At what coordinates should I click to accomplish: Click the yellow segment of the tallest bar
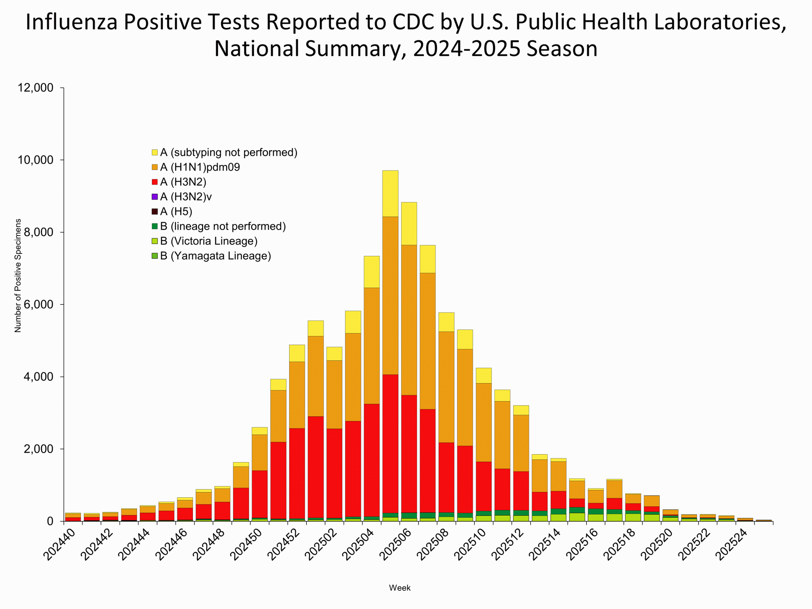[390, 193]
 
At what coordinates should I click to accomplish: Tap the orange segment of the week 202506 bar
[409, 320]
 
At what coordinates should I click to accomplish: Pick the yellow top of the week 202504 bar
[371, 272]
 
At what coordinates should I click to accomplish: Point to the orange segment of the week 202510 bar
[483, 422]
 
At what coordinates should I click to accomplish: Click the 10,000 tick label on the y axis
[35, 160]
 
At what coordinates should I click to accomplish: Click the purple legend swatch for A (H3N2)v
[155, 197]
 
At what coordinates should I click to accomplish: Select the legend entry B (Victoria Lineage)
[208, 241]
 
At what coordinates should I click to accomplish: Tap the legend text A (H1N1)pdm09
[200, 167]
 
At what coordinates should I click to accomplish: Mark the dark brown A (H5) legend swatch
[155, 212]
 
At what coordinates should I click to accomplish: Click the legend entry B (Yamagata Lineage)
[215, 256]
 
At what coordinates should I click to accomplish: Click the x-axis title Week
[400, 588]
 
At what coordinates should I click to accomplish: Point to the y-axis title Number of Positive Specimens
[18, 275]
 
